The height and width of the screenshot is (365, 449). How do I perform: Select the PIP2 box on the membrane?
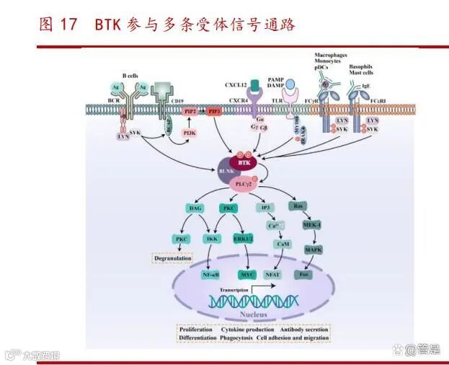190,112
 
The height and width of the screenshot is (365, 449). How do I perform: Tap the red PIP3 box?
214,112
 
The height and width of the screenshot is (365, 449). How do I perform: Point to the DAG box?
195,208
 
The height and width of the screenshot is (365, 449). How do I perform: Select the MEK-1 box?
311,225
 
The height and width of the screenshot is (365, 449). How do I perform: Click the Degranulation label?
172,258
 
